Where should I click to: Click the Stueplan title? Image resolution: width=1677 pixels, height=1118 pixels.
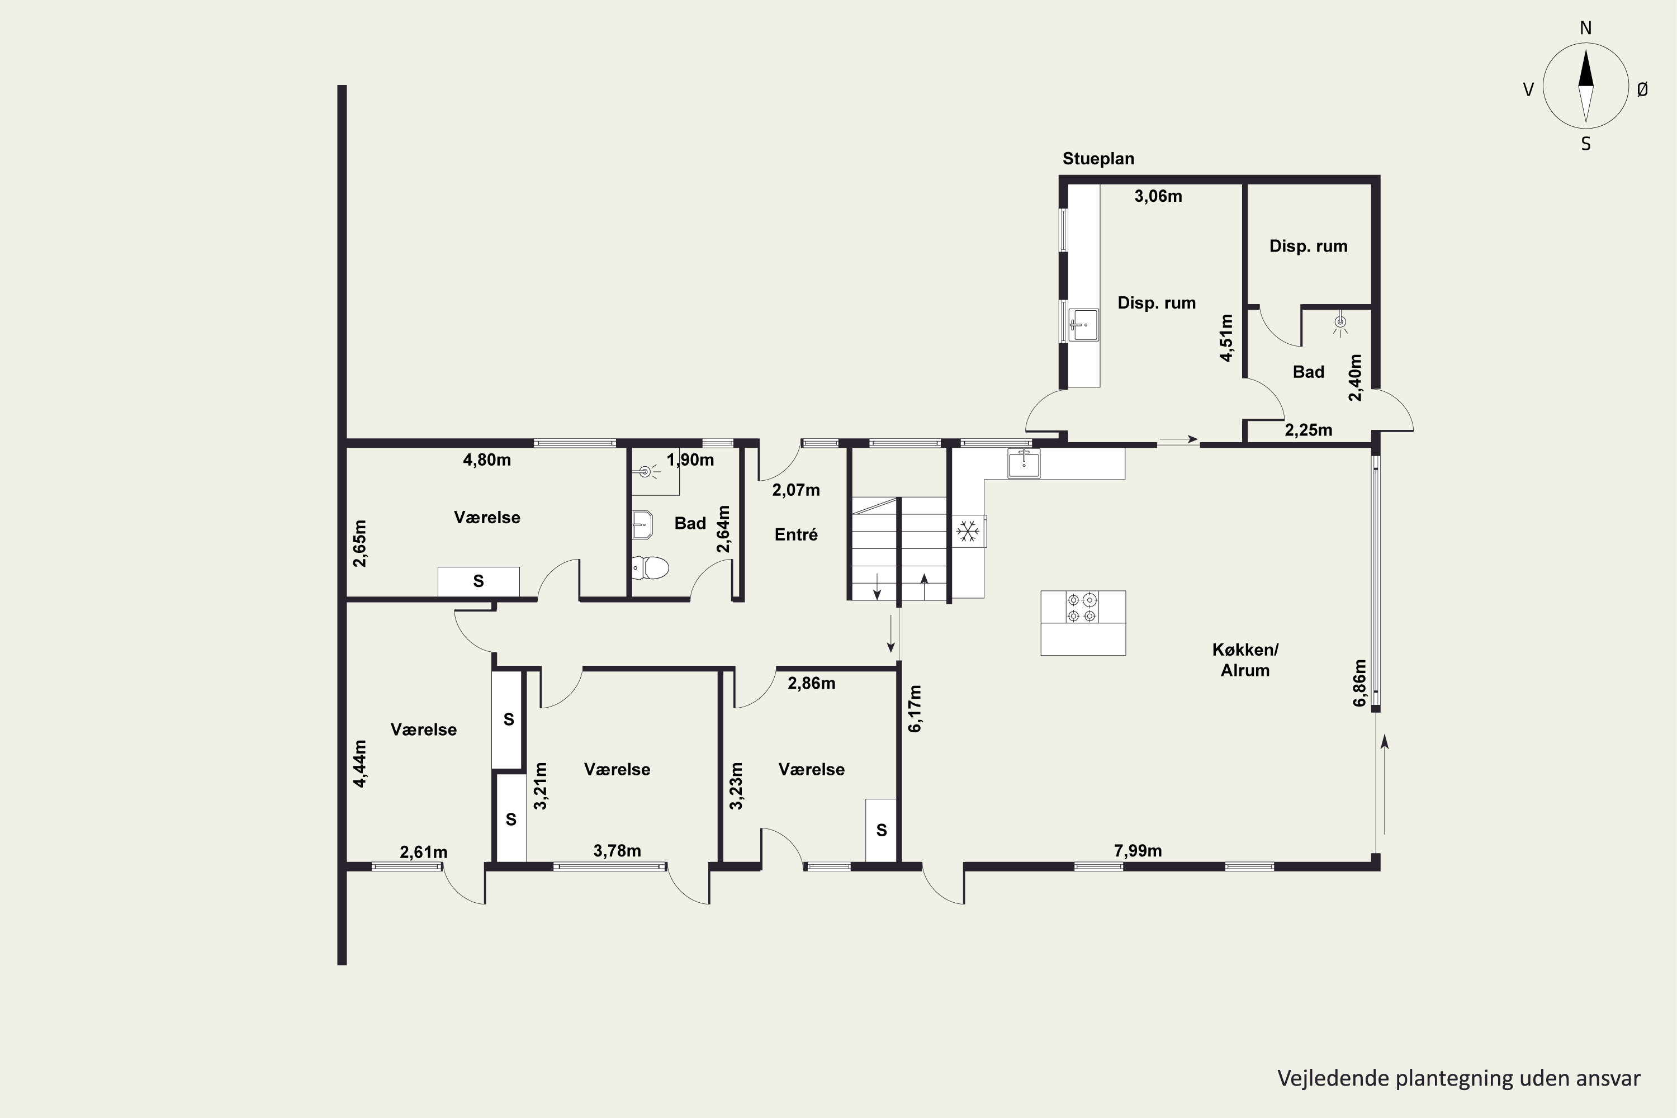pyautogui.click(x=1098, y=159)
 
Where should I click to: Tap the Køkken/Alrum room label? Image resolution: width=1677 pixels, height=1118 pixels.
pyautogui.click(x=1245, y=660)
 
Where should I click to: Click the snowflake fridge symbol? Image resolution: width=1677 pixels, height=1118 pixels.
pyautogui.click(x=968, y=531)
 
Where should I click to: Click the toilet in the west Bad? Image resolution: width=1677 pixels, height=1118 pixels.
pyautogui.click(x=650, y=569)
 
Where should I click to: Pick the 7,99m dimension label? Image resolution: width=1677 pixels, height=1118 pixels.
pyautogui.click(x=1138, y=851)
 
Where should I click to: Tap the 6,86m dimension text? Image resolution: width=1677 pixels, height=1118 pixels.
pyautogui.click(x=1359, y=683)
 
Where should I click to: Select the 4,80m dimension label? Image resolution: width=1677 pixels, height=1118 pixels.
pyautogui.click(x=487, y=460)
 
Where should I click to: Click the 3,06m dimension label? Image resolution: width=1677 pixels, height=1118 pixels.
pyautogui.click(x=1158, y=196)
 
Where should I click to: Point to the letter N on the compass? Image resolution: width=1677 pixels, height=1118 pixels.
pyautogui.click(x=1586, y=29)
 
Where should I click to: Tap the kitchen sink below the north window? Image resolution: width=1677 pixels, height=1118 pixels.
pyautogui.click(x=1023, y=463)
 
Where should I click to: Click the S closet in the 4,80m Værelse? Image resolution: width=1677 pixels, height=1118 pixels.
pyautogui.click(x=479, y=581)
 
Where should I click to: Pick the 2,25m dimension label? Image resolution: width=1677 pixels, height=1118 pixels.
pyautogui.click(x=1309, y=430)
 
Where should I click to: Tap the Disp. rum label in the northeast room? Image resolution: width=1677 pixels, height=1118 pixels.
pyautogui.click(x=1309, y=247)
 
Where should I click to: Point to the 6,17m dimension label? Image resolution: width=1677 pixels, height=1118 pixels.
pyautogui.click(x=915, y=708)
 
